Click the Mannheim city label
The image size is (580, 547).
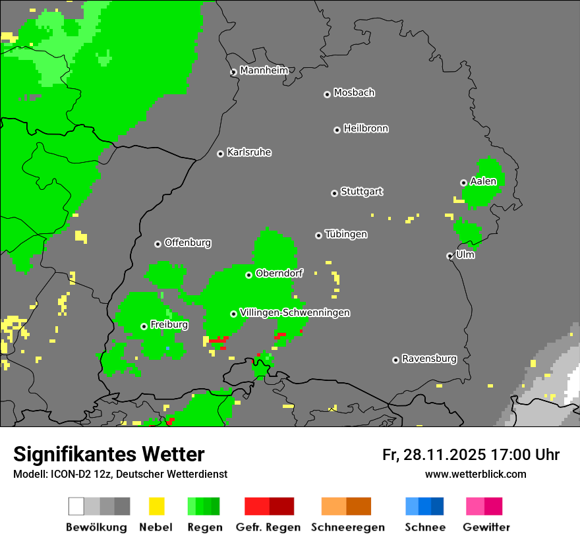[264, 71]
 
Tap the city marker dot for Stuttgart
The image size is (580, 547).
[334, 193]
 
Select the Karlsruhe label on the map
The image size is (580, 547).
[249, 152]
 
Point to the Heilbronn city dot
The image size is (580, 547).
[337, 130]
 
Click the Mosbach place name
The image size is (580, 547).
[354, 93]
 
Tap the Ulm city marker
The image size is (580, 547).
[449, 256]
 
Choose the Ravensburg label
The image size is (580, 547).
[429, 359]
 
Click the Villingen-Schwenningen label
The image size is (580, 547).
[295, 312]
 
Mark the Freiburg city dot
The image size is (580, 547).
[144, 326]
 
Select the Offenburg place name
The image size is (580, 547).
[187, 243]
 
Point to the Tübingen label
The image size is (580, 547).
[346, 235]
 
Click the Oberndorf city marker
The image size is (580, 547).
[248, 275]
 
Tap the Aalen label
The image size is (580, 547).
[483, 181]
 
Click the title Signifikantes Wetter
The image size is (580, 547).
[109, 454]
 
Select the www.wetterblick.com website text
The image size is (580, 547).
[475, 474]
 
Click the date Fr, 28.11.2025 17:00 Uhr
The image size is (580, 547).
[471, 455]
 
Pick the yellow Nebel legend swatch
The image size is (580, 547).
[156, 506]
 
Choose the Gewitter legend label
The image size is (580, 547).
[486, 527]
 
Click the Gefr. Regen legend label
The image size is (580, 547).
[268, 527]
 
